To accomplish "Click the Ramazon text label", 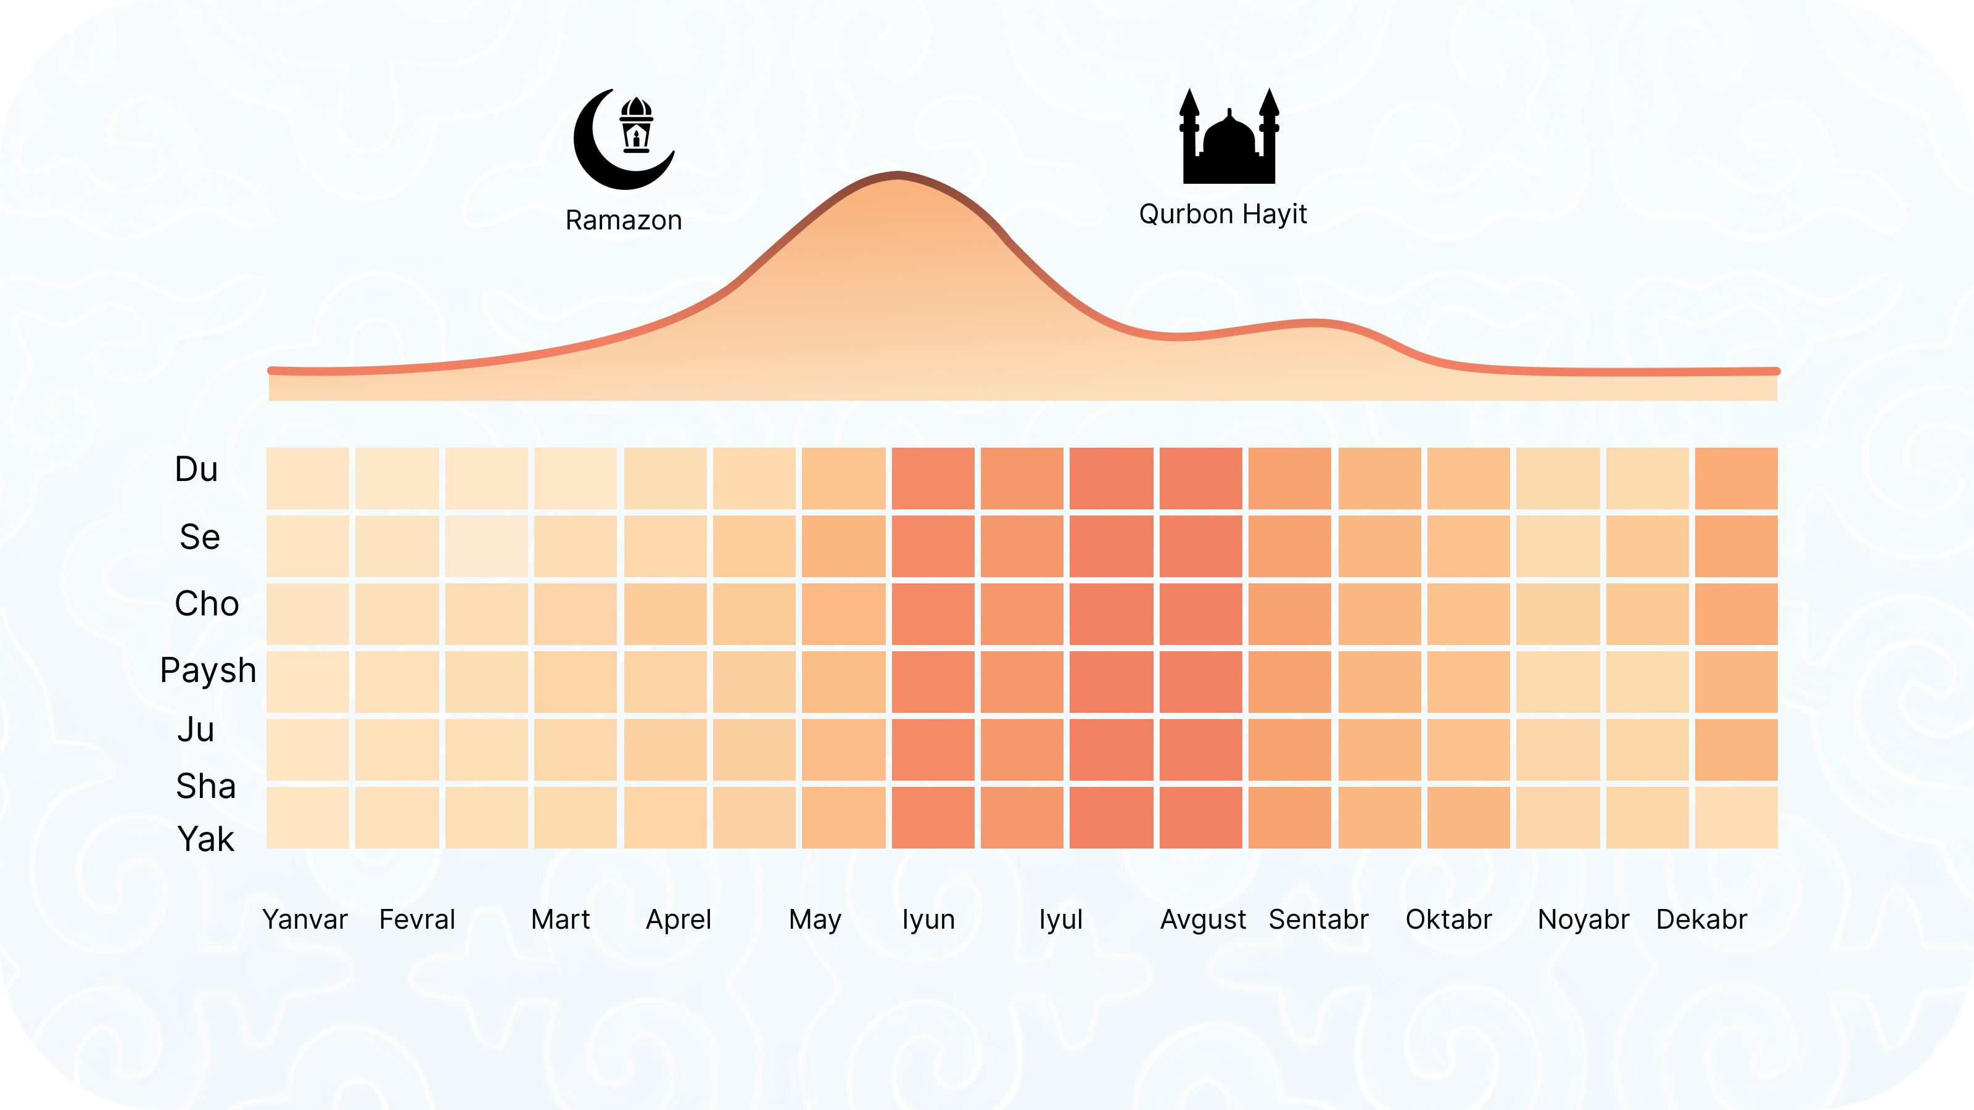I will click(x=623, y=221).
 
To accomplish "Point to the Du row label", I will click(x=196, y=469).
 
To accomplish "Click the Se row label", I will click(x=199, y=537).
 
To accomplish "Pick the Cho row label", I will click(x=206, y=604).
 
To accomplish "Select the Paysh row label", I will click(x=208, y=671).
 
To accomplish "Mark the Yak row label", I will click(x=205, y=839).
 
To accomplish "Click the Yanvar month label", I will click(x=304, y=919).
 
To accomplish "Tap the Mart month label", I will click(x=560, y=919).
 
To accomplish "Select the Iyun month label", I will click(x=928, y=919).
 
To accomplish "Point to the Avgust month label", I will click(x=1202, y=919).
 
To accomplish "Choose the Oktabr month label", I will click(x=1448, y=919).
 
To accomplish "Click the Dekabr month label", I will click(x=1701, y=919).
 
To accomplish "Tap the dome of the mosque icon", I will click(x=1229, y=134).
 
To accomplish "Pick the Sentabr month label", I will click(x=1318, y=919).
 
